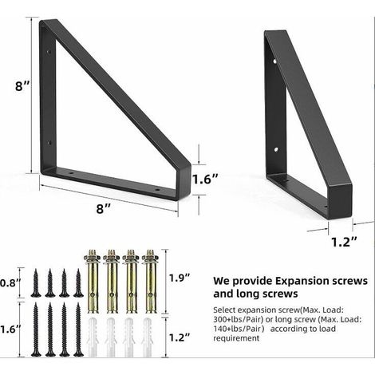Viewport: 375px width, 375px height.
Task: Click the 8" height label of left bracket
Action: coord(22,86)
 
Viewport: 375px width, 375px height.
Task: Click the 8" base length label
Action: coord(104,208)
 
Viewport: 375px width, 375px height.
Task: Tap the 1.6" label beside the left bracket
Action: coord(205,180)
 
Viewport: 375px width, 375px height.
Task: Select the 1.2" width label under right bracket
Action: coord(344,242)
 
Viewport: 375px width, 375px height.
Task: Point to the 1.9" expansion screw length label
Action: coord(180,278)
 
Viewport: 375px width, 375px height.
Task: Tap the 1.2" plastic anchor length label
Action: coord(180,337)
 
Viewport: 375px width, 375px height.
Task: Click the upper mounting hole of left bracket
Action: coord(49,51)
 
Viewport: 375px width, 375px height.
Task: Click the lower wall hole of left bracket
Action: coord(49,143)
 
